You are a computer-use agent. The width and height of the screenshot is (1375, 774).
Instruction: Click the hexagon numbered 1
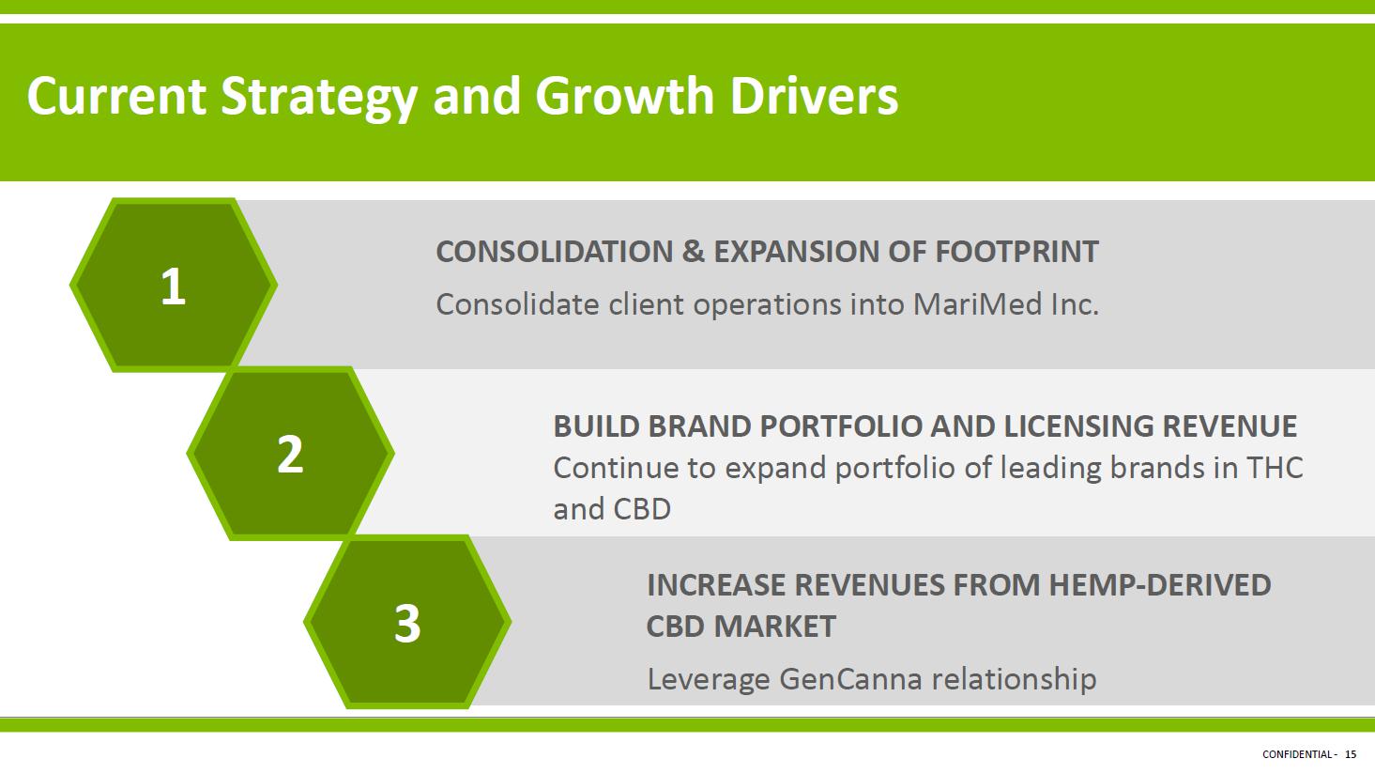coord(173,285)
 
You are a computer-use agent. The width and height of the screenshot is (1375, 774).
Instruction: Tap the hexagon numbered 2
coord(290,454)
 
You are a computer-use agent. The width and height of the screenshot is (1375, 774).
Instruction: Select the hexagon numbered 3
coord(407,622)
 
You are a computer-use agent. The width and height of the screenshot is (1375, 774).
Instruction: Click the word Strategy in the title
coord(319,97)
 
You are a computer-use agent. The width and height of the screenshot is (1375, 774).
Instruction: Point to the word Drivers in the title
coord(814,96)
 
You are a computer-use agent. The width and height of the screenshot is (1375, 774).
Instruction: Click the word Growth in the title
coord(623,96)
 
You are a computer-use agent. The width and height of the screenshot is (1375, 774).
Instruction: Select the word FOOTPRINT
coord(1016,252)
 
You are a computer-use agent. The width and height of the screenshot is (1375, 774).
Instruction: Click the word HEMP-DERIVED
coord(1160,585)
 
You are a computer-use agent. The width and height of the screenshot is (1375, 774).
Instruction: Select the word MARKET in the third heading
coord(774,627)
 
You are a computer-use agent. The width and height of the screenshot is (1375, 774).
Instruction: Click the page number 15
coord(1351,754)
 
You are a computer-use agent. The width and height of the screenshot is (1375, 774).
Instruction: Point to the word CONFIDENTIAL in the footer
coord(1297,754)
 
